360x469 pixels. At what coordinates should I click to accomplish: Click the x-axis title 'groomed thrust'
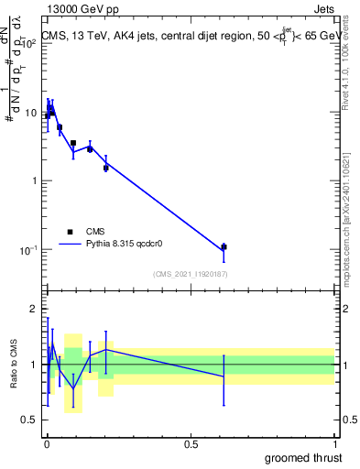(x=305, y=457)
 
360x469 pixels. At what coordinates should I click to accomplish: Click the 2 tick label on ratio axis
(x=33, y=309)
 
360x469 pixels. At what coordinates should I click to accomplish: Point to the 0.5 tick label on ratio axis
(x=30, y=420)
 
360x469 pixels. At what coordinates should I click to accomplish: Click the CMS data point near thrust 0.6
(x=224, y=247)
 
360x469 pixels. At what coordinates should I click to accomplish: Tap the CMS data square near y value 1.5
(x=106, y=168)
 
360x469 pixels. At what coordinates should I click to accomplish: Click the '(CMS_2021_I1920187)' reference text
(x=190, y=274)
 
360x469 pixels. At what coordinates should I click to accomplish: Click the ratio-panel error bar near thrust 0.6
(x=224, y=377)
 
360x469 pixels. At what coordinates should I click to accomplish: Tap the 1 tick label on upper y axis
(x=35, y=180)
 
